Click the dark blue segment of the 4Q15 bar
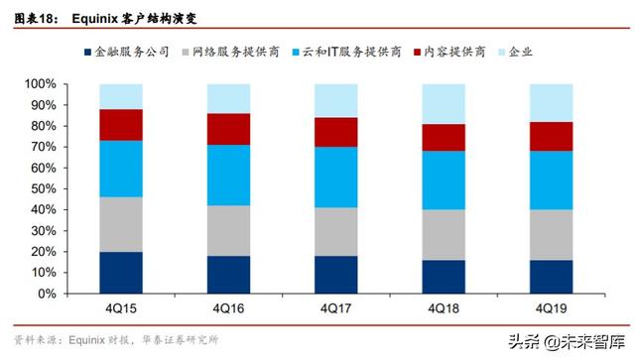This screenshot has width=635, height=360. point(121,273)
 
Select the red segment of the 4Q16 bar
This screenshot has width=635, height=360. point(228,129)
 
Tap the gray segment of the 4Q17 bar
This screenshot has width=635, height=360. point(335,231)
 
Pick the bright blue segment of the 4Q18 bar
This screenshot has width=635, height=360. point(444,180)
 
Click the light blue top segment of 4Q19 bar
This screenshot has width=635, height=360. point(551,103)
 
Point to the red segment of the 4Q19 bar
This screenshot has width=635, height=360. point(551,136)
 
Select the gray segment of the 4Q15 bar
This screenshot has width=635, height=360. point(121,224)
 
